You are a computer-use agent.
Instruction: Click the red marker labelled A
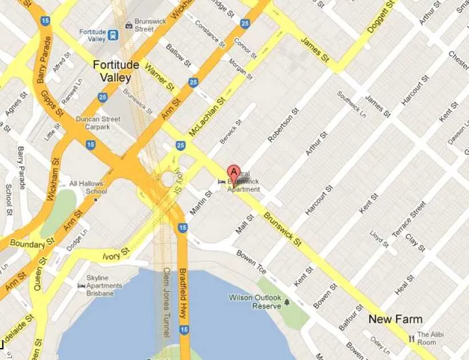point(234,172)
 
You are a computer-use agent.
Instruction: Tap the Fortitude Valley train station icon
point(113,35)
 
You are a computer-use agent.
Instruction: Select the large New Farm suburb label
point(395,319)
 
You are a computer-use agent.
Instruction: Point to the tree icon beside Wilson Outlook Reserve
point(287,301)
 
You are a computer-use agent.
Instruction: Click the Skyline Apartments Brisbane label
point(104,285)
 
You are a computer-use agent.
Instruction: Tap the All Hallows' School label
point(87,187)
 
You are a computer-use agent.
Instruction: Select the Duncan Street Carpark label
point(98,123)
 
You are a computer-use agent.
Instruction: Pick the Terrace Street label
point(409,219)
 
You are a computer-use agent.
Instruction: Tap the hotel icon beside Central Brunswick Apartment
point(222,182)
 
